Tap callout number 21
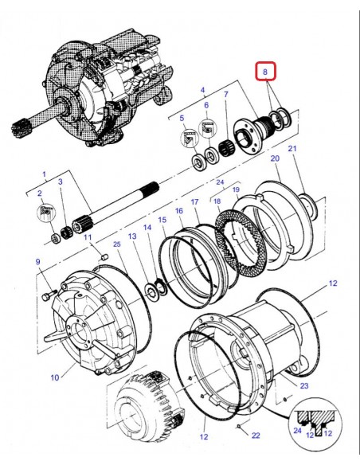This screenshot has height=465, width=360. [x=292, y=149]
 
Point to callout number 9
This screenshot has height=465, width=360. [x=37, y=262]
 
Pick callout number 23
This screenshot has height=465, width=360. [x=303, y=386]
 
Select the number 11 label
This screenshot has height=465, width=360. [x=88, y=237]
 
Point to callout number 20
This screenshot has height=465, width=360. [x=276, y=158]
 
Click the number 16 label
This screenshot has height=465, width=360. [x=179, y=211]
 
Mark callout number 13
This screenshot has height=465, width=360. [x=133, y=236]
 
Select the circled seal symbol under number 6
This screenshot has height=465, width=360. [x=207, y=129]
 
